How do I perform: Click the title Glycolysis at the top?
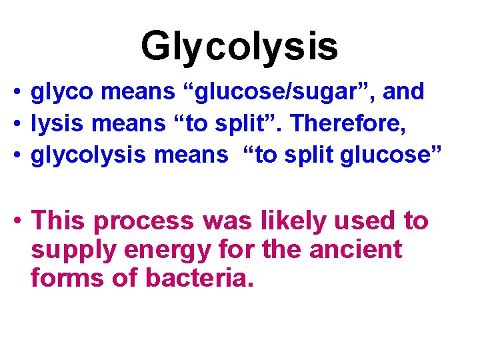click(239, 46)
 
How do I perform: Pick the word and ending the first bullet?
click(403, 91)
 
